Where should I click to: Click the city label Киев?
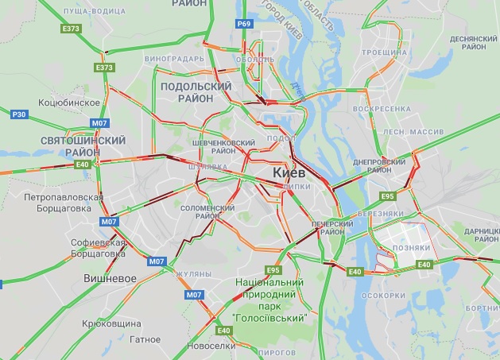pyautogui.click(x=290, y=172)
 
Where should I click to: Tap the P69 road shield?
pyautogui.click(x=245, y=25)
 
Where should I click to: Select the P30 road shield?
pyautogui.click(x=20, y=114)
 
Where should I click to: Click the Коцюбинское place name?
pyautogui.click(x=69, y=103)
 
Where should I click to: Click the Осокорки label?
pyautogui.click(x=383, y=295)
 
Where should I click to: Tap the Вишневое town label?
pyautogui.click(x=110, y=278)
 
